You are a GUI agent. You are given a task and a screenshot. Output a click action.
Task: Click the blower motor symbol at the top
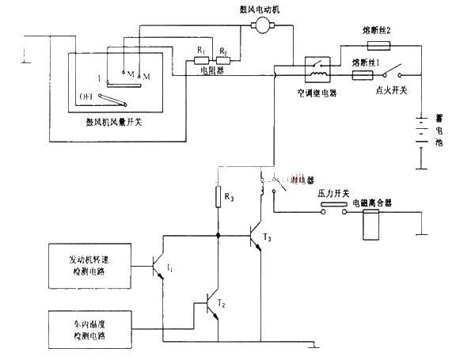260,27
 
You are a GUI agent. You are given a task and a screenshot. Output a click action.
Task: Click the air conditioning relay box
319,68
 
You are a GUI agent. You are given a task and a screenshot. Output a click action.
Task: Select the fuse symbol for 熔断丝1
361,76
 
